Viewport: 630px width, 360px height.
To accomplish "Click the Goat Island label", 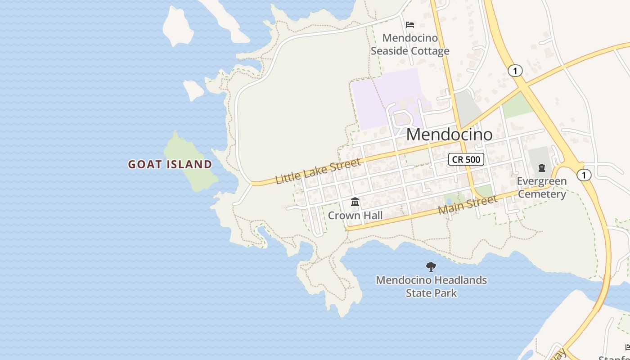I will click(170, 164).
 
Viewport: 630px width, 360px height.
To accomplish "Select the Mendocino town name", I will click(449, 134).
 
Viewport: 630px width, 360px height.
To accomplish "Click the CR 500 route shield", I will click(466, 159).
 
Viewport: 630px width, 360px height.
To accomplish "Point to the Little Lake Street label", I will click(318, 171).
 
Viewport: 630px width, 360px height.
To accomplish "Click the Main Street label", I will click(468, 204).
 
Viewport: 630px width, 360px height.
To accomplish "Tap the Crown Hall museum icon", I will click(355, 202).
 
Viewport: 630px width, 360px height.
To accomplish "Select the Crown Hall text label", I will click(355, 216).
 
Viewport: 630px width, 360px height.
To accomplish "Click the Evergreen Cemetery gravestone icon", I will click(541, 168).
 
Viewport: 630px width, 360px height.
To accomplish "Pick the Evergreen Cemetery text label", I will click(541, 188).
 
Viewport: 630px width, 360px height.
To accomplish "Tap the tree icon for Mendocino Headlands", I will click(431, 267).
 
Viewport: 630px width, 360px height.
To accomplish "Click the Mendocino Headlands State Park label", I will click(431, 286).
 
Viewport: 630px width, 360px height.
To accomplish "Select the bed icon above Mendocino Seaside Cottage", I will click(410, 24).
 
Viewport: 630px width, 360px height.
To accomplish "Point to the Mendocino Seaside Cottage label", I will click(410, 45).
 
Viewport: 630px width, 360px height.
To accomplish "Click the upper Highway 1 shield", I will click(515, 71).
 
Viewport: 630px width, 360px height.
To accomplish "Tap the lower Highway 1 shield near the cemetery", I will click(584, 175).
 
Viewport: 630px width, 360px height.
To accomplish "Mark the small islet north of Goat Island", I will click(193, 90).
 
